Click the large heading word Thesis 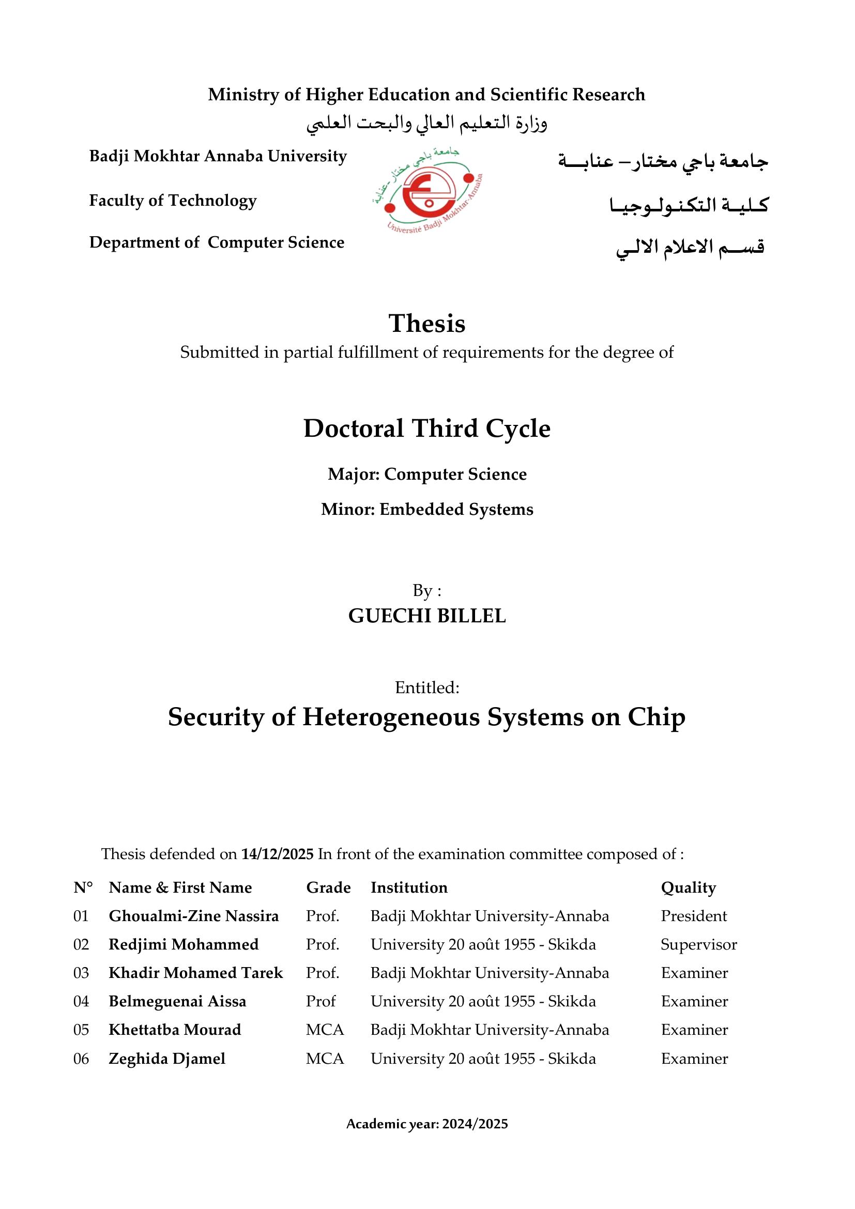click(427, 323)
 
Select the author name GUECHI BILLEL click(427, 616)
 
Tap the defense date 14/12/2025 click(278, 853)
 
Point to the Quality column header click(688, 887)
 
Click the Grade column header click(329, 887)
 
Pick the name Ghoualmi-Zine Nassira click(194, 916)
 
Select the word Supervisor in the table click(699, 944)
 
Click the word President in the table click(693, 916)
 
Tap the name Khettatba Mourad click(175, 1030)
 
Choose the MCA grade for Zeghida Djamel click(325, 1059)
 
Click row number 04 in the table click(81, 1001)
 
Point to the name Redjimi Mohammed click(184, 944)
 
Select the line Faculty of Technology click(173, 201)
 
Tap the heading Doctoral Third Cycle click(427, 428)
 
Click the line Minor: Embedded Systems click(427, 509)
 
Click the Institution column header click(409, 887)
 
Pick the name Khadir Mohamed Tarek click(196, 973)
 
